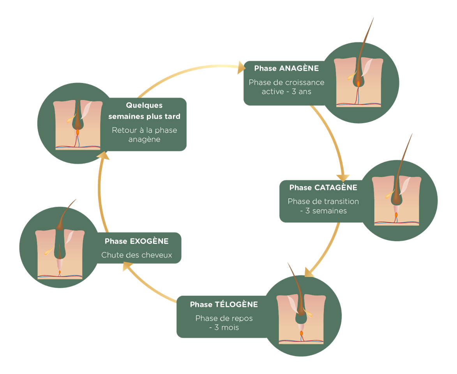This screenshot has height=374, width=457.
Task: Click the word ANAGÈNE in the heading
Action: pos(299,69)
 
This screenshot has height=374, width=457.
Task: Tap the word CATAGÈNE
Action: pos(335,188)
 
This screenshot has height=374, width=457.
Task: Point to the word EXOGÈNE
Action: pos(149,241)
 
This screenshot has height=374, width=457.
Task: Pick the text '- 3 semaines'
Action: pos(323,211)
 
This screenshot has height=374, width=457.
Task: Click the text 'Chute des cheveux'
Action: pos(136,255)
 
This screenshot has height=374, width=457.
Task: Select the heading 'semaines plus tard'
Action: pos(144,116)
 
